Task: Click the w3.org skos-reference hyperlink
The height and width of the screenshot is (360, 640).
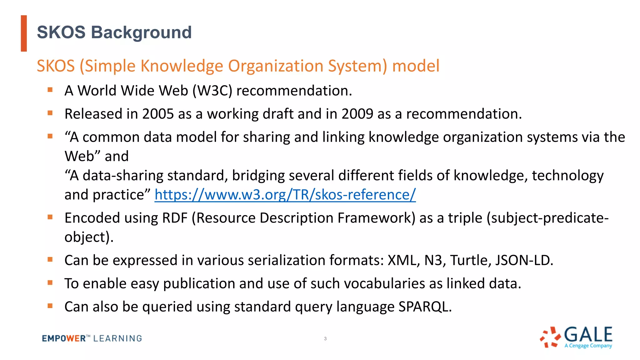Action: click(285, 195)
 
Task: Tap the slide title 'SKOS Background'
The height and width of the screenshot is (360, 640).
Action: click(114, 32)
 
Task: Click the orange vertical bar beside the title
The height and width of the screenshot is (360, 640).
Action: click(24, 33)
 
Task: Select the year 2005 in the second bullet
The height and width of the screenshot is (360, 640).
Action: click(158, 114)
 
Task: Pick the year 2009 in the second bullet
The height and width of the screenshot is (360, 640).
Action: click(357, 114)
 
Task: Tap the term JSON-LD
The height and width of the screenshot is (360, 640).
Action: click(524, 260)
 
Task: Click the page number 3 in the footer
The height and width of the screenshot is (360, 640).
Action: click(325, 338)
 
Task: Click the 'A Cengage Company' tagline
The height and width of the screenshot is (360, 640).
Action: click(588, 346)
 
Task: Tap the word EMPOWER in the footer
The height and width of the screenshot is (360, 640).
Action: click(64, 338)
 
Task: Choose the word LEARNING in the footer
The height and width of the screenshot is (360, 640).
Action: click(117, 338)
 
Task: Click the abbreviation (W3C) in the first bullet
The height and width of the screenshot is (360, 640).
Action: click(212, 91)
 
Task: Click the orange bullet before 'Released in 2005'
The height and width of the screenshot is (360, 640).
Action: click(50, 113)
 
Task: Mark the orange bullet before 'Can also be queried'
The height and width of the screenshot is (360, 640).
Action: click(50, 306)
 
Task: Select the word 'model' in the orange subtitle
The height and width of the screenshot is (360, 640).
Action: click(416, 66)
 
